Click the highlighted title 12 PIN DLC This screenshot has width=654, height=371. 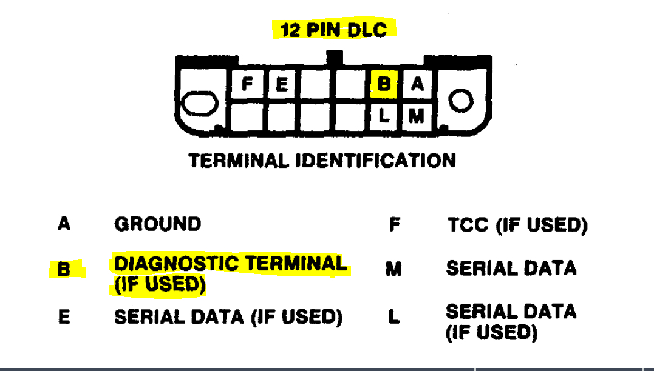point(334,29)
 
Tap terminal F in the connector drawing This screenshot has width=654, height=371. point(247,84)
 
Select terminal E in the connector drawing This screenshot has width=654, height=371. point(281,84)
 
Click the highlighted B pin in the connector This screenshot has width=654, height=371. point(383,84)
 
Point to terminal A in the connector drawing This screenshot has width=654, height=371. point(417,84)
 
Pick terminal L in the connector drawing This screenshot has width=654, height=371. point(383,115)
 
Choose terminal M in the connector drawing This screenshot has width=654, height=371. point(416,115)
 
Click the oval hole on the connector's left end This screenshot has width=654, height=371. point(200,104)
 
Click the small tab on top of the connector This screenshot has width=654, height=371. point(334,58)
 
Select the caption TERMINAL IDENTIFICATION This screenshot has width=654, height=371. point(322,161)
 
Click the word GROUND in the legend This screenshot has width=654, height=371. point(157,224)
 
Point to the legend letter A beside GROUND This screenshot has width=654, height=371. point(64,224)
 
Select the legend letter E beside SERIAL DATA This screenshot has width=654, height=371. point(64,316)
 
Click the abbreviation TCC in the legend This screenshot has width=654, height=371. point(468,225)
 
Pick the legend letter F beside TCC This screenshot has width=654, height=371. point(394,225)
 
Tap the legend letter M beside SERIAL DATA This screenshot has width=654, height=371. point(393,269)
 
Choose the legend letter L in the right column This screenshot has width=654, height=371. point(394,316)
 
